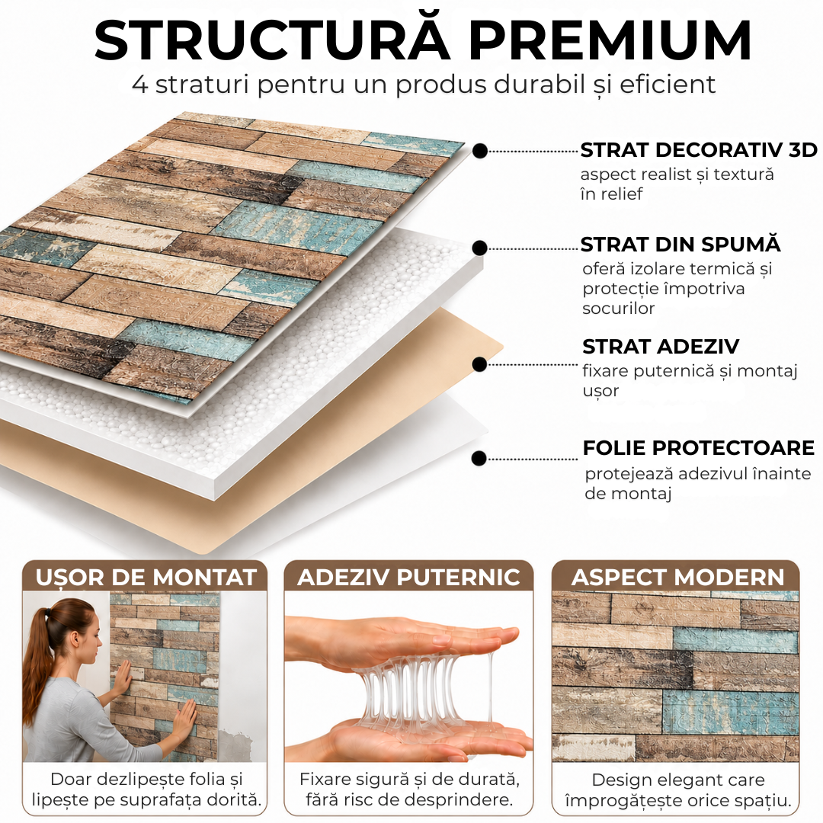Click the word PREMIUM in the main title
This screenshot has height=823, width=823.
tap(610, 41)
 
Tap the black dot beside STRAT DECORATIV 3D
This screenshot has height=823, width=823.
tap(480, 151)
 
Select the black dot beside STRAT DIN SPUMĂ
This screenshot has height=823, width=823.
tap(480, 248)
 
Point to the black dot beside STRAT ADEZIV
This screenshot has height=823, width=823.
tap(479, 364)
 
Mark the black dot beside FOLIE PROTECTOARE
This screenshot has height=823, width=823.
tap(479, 458)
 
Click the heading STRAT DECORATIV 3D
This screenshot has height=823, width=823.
tap(699, 150)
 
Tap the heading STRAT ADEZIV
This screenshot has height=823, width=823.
tap(661, 347)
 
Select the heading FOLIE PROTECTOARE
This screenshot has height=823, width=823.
tap(699, 448)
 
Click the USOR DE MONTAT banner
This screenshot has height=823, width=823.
tap(146, 577)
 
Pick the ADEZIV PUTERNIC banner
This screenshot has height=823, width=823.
tap(408, 577)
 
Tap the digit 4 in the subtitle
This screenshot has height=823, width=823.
tap(140, 84)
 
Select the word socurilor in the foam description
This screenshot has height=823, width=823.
tap(618, 308)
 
